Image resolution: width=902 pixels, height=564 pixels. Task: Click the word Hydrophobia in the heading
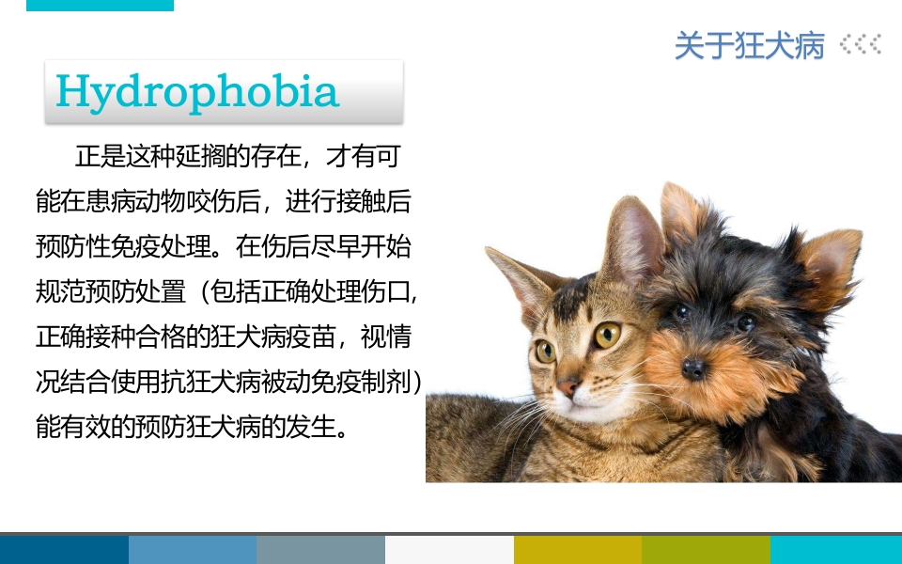[197, 91]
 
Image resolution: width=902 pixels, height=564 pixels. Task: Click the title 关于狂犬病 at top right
[749, 45]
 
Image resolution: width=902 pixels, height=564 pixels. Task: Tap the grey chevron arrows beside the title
[861, 44]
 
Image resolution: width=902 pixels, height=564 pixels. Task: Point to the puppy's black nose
[693, 368]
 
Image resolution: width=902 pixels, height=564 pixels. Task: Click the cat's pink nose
[568, 385]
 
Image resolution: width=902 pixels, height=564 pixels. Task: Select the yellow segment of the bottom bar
[578, 550]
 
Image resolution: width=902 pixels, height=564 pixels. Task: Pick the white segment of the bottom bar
[449, 550]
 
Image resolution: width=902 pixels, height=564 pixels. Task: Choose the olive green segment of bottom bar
[706, 550]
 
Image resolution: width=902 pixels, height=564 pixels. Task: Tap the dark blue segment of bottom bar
[64, 550]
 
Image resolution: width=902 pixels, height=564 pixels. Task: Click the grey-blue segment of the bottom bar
[320, 550]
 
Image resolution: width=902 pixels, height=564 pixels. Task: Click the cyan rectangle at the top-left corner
[100, 5]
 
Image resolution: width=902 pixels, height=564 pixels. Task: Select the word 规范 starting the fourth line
[56, 291]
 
